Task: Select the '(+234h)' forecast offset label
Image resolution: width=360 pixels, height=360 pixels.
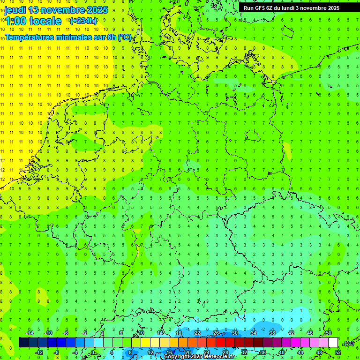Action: [x=83, y=21]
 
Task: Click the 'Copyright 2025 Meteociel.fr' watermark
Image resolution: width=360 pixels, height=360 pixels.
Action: [x=200, y=357]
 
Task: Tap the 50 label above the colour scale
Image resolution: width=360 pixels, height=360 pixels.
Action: [x=328, y=333]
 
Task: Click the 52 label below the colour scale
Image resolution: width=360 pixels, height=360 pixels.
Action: [x=338, y=352]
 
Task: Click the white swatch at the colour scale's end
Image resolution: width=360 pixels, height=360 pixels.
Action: [x=333, y=342]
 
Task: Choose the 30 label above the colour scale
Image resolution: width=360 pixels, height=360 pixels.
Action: [x=234, y=333]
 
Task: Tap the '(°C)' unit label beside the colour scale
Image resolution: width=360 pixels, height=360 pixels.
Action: [x=348, y=343]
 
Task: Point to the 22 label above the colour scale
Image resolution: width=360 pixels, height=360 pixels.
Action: [x=197, y=333]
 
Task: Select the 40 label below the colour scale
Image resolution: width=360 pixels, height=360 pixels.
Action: [x=281, y=352]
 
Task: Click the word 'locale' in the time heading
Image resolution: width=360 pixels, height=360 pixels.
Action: [x=45, y=21]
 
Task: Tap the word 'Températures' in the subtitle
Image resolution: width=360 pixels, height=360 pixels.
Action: [x=32, y=37]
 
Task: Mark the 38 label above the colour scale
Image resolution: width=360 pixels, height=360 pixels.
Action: [x=272, y=333]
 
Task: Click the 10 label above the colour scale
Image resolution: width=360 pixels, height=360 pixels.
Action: [x=141, y=333]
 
